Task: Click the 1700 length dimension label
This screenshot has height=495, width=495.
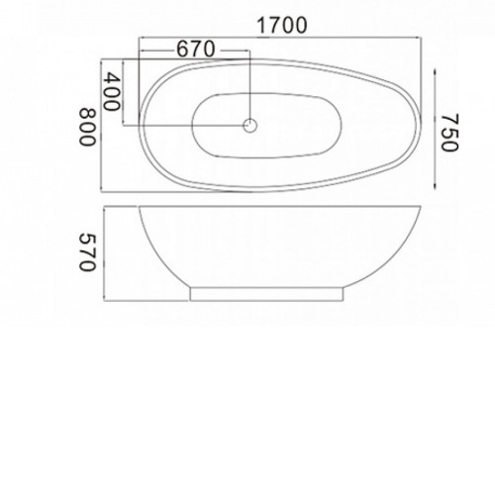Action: pos(282,26)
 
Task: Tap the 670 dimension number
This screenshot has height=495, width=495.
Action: pos(196,49)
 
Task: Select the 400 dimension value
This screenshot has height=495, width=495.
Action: pos(112,91)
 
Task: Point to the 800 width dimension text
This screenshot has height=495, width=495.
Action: pos(87,127)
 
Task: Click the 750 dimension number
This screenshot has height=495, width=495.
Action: pos(449,132)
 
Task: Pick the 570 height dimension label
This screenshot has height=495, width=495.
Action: pos(87,252)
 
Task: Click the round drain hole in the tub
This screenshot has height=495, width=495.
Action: pos(250,126)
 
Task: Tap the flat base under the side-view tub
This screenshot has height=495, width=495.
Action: pos(266,294)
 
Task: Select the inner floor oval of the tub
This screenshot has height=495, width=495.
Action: pos(266,126)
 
